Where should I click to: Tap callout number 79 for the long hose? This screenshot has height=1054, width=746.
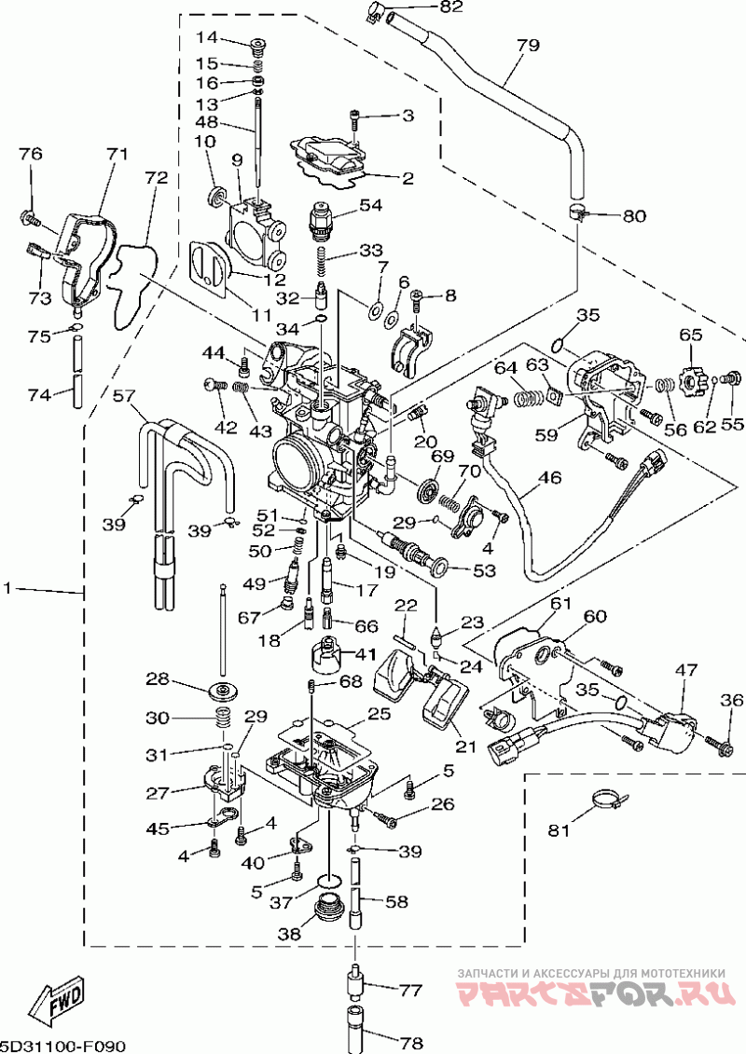[x=528, y=46]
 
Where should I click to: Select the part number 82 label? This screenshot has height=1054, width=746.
[x=451, y=7]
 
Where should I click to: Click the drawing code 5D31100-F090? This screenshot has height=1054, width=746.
[x=62, y=1046]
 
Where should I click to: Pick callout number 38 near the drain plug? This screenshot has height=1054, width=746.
[x=290, y=934]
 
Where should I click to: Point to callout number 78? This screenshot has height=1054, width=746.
[x=410, y=1043]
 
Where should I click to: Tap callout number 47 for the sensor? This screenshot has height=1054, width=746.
[x=686, y=670]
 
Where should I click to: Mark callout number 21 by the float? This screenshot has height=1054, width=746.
[x=465, y=746]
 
